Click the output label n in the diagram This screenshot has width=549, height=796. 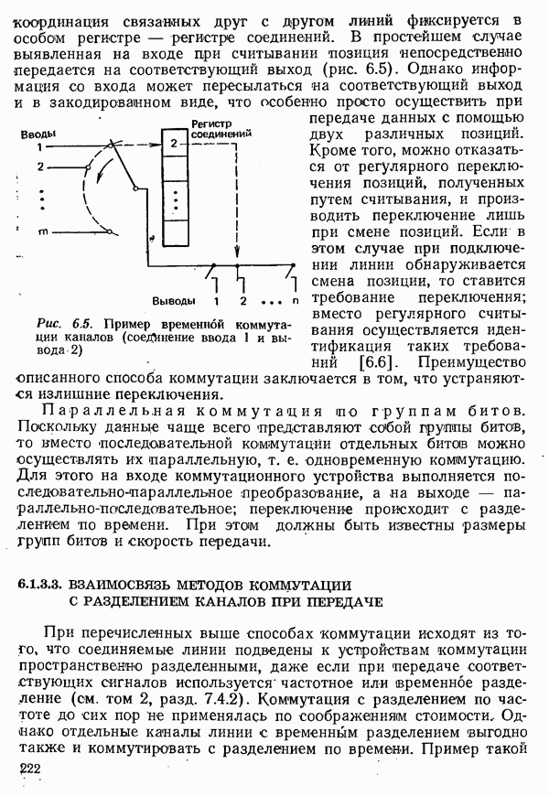tap(295, 300)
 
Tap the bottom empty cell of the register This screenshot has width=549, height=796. tap(173, 235)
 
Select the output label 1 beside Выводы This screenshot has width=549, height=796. tap(217, 300)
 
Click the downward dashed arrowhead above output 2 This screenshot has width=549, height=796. tap(238, 260)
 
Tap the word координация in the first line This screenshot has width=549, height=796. tap(62, 19)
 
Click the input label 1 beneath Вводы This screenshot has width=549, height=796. tap(39, 146)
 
